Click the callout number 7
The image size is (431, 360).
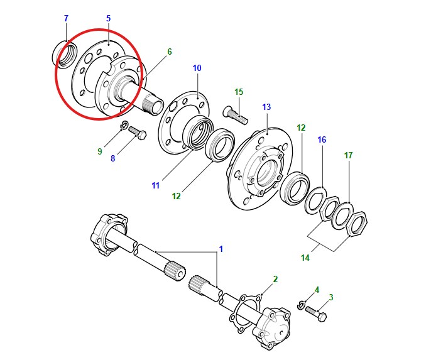(x=66, y=18)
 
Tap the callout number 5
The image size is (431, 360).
(x=108, y=18)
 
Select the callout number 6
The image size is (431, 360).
(x=169, y=52)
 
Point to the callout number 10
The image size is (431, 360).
(x=197, y=67)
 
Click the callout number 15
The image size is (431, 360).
(x=239, y=92)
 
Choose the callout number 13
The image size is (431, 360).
(x=266, y=107)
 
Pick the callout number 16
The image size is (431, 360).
(x=322, y=139)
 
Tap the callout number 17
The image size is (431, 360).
(x=348, y=155)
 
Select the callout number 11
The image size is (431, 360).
(x=156, y=185)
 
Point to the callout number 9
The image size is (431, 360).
(x=99, y=151)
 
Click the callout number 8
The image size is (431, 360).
(x=113, y=158)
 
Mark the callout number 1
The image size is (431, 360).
(x=221, y=249)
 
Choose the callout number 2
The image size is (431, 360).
(x=275, y=278)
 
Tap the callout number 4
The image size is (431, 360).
(x=317, y=290)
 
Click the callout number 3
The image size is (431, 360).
(x=331, y=297)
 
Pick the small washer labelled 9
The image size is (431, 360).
(x=124, y=124)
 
